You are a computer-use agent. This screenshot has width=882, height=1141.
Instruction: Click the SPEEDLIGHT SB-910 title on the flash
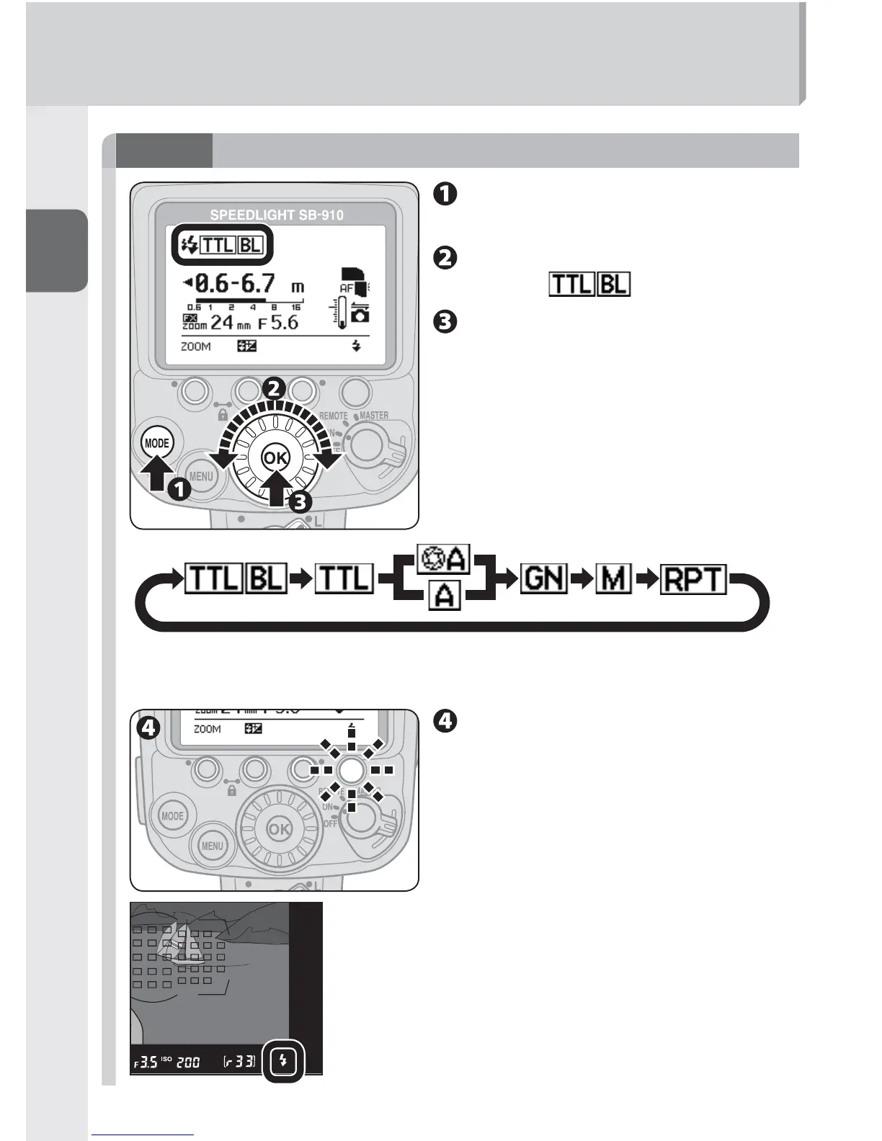[276, 215]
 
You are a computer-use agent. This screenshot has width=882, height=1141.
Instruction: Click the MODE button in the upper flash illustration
[156, 443]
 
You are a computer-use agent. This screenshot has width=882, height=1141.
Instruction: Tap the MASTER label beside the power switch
[373, 416]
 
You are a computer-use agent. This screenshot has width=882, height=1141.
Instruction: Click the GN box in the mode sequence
[544, 578]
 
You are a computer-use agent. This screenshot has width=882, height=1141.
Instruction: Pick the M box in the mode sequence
[613, 578]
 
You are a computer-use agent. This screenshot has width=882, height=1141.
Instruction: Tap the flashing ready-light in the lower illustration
[351, 770]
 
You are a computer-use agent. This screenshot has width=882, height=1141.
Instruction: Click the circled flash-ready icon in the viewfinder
[284, 1061]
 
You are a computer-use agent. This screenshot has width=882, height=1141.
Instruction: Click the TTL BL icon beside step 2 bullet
[589, 285]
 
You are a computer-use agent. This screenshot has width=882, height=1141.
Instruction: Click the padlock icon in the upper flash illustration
[222, 416]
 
